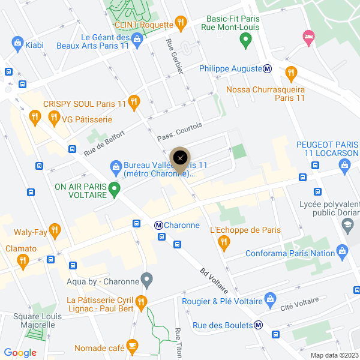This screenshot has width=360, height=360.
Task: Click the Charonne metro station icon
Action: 159,225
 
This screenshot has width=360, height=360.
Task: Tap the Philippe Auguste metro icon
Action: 268,68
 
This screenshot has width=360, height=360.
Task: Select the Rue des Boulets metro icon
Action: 258,325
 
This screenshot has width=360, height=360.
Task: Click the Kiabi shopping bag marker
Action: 17,43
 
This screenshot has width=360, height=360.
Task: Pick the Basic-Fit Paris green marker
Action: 245,41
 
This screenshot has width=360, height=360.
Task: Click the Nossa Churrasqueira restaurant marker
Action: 291,73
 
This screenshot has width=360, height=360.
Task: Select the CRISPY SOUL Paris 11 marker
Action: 134,103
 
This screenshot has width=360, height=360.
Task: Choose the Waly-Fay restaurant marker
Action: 55,229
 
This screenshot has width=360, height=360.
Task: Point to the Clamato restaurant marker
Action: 23,260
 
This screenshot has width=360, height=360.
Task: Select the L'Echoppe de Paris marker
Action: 224,242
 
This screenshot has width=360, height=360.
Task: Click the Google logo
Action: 20,353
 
